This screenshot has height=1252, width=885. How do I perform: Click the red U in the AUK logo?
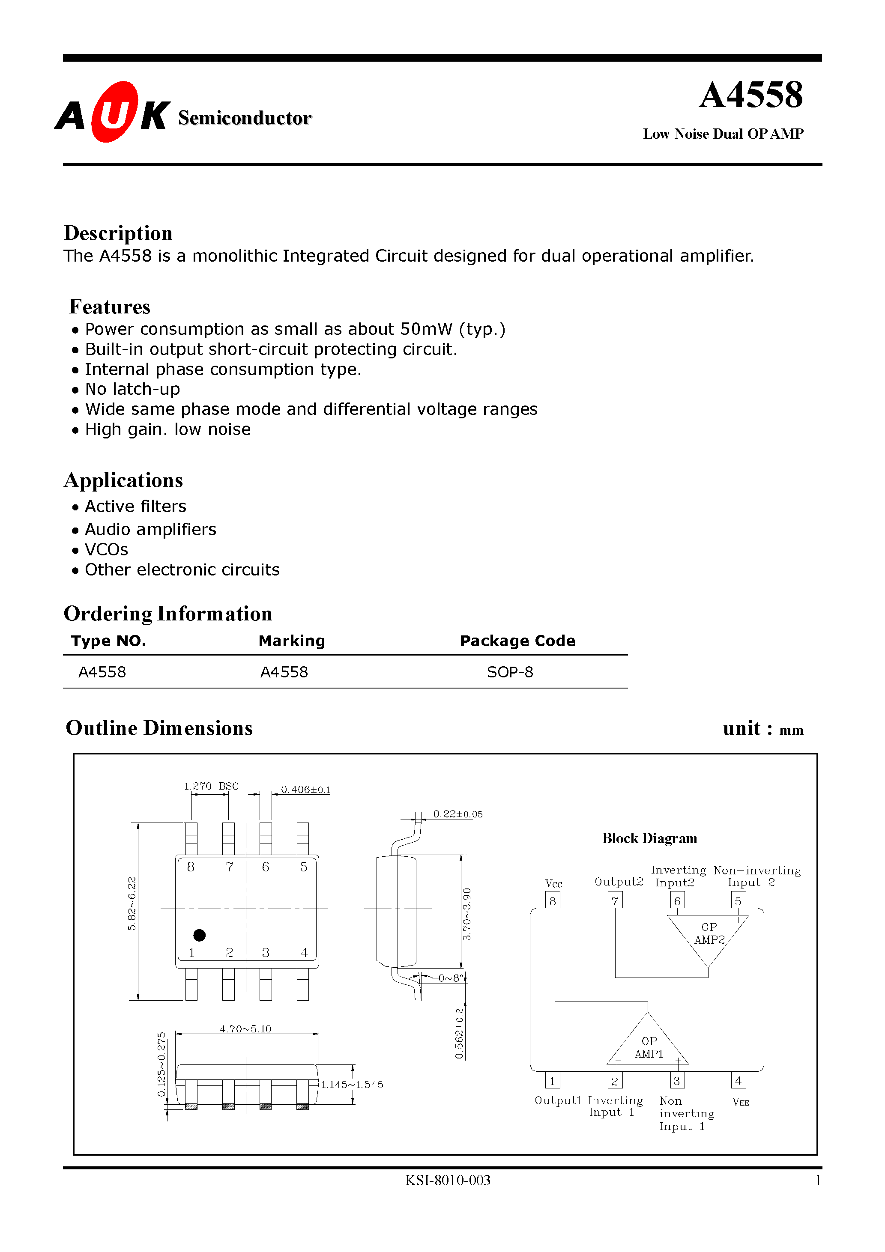click(114, 113)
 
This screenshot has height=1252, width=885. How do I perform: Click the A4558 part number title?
click(751, 95)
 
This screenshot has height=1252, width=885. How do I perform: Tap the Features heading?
click(110, 307)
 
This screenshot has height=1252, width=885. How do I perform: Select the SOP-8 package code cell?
click(510, 672)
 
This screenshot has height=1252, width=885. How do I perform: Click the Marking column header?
click(291, 641)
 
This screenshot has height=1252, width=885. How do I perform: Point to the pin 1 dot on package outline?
click(199, 935)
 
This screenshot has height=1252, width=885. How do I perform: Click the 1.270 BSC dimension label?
click(211, 786)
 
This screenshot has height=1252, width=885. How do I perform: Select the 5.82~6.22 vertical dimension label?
click(132, 903)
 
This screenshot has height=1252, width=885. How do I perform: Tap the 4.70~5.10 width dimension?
click(245, 1029)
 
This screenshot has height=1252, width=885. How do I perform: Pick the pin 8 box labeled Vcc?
click(552, 901)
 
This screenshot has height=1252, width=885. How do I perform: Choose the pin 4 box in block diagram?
click(738, 1081)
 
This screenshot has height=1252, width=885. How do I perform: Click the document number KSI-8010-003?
click(447, 1180)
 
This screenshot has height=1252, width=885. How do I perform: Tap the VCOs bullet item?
click(106, 550)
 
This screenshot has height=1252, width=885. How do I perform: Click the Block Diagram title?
click(649, 838)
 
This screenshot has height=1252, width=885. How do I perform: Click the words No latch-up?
click(133, 389)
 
